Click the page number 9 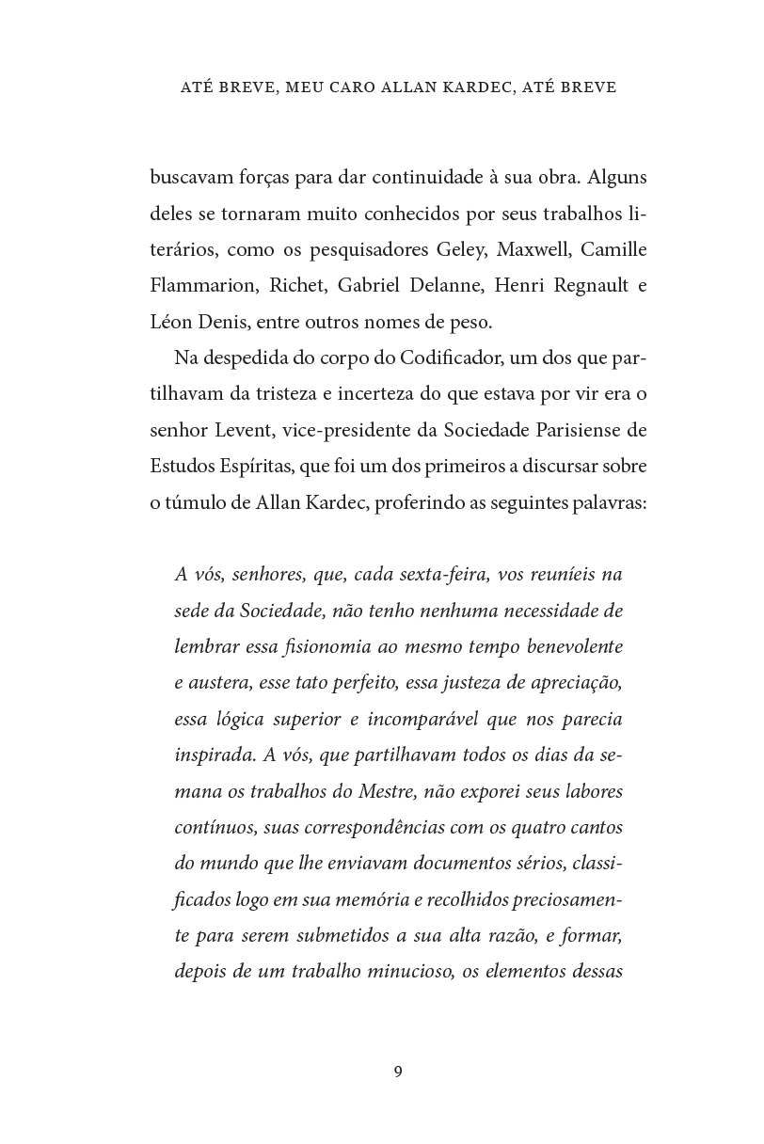[x=398, y=1072]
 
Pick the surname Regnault [x=571, y=286]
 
